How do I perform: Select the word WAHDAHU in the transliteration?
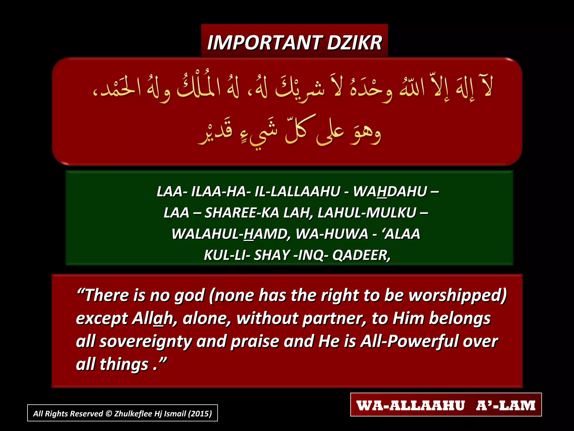(x=390, y=192)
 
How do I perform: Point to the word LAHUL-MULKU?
(x=367, y=213)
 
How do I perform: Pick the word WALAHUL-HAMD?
(x=231, y=234)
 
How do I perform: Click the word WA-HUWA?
(x=332, y=234)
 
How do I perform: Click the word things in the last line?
(x=124, y=364)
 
